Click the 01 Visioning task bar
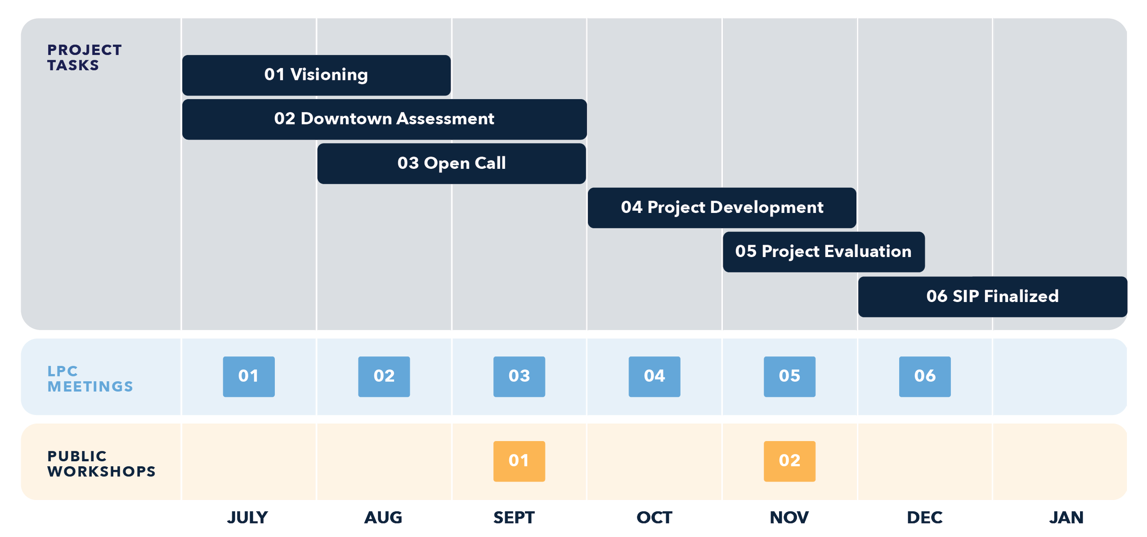click(316, 75)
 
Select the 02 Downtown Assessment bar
click(384, 119)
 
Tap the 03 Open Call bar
click(451, 164)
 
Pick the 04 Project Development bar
click(722, 208)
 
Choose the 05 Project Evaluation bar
click(824, 252)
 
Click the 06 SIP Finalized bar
click(992, 296)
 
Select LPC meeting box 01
click(249, 377)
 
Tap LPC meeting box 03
click(519, 377)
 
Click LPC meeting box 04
click(654, 377)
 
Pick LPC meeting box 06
click(924, 377)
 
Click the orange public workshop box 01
click(519, 461)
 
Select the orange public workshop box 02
click(789, 461)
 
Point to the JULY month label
click(247, 518)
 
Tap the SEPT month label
click(514, 518)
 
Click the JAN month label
click(1066, 518)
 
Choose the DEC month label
click(924, 518)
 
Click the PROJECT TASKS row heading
click(84, 57)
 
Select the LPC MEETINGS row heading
click(90, 379)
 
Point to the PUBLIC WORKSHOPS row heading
click(101, 464)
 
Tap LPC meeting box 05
click(789, 377)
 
